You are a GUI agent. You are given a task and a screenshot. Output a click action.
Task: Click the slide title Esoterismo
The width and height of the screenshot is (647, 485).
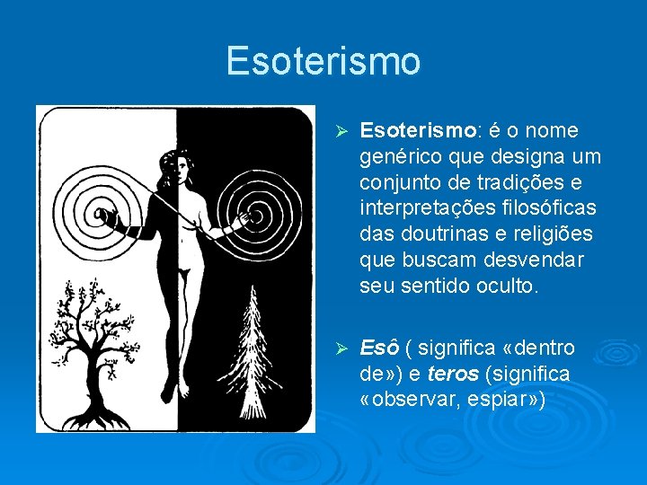323,61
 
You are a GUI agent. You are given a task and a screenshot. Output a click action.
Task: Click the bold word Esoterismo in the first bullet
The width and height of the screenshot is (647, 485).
416,131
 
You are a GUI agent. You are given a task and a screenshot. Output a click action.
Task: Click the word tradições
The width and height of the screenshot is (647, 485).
510,183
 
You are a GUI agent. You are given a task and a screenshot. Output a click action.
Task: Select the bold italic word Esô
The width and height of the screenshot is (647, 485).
377,348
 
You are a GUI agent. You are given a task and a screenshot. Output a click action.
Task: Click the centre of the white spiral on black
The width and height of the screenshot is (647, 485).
253,216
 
